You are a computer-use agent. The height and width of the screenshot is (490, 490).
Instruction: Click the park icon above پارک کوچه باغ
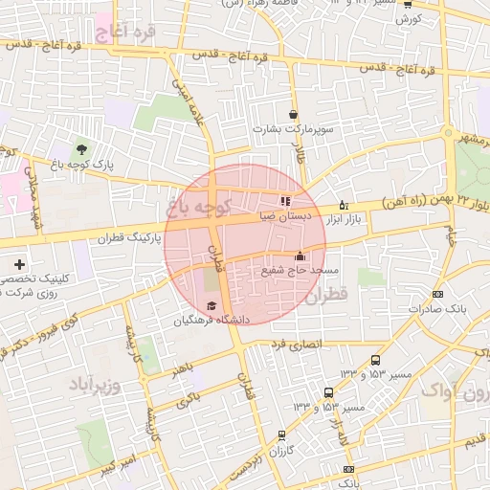81,148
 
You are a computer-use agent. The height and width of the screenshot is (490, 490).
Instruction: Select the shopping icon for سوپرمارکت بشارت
292,114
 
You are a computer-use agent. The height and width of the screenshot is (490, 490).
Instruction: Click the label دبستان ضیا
285,217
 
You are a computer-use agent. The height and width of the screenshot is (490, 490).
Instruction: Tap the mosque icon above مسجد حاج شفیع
301,256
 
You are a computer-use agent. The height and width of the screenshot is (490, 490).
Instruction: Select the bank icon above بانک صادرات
437,294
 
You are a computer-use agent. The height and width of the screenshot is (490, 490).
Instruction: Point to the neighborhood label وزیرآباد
94,385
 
